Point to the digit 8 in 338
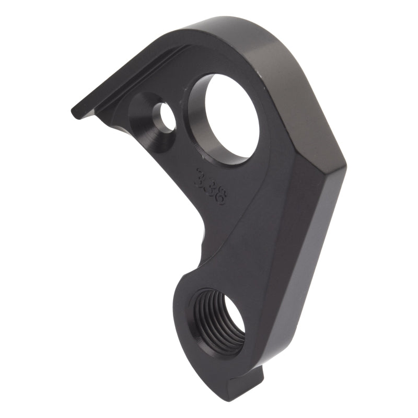[219, 199]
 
